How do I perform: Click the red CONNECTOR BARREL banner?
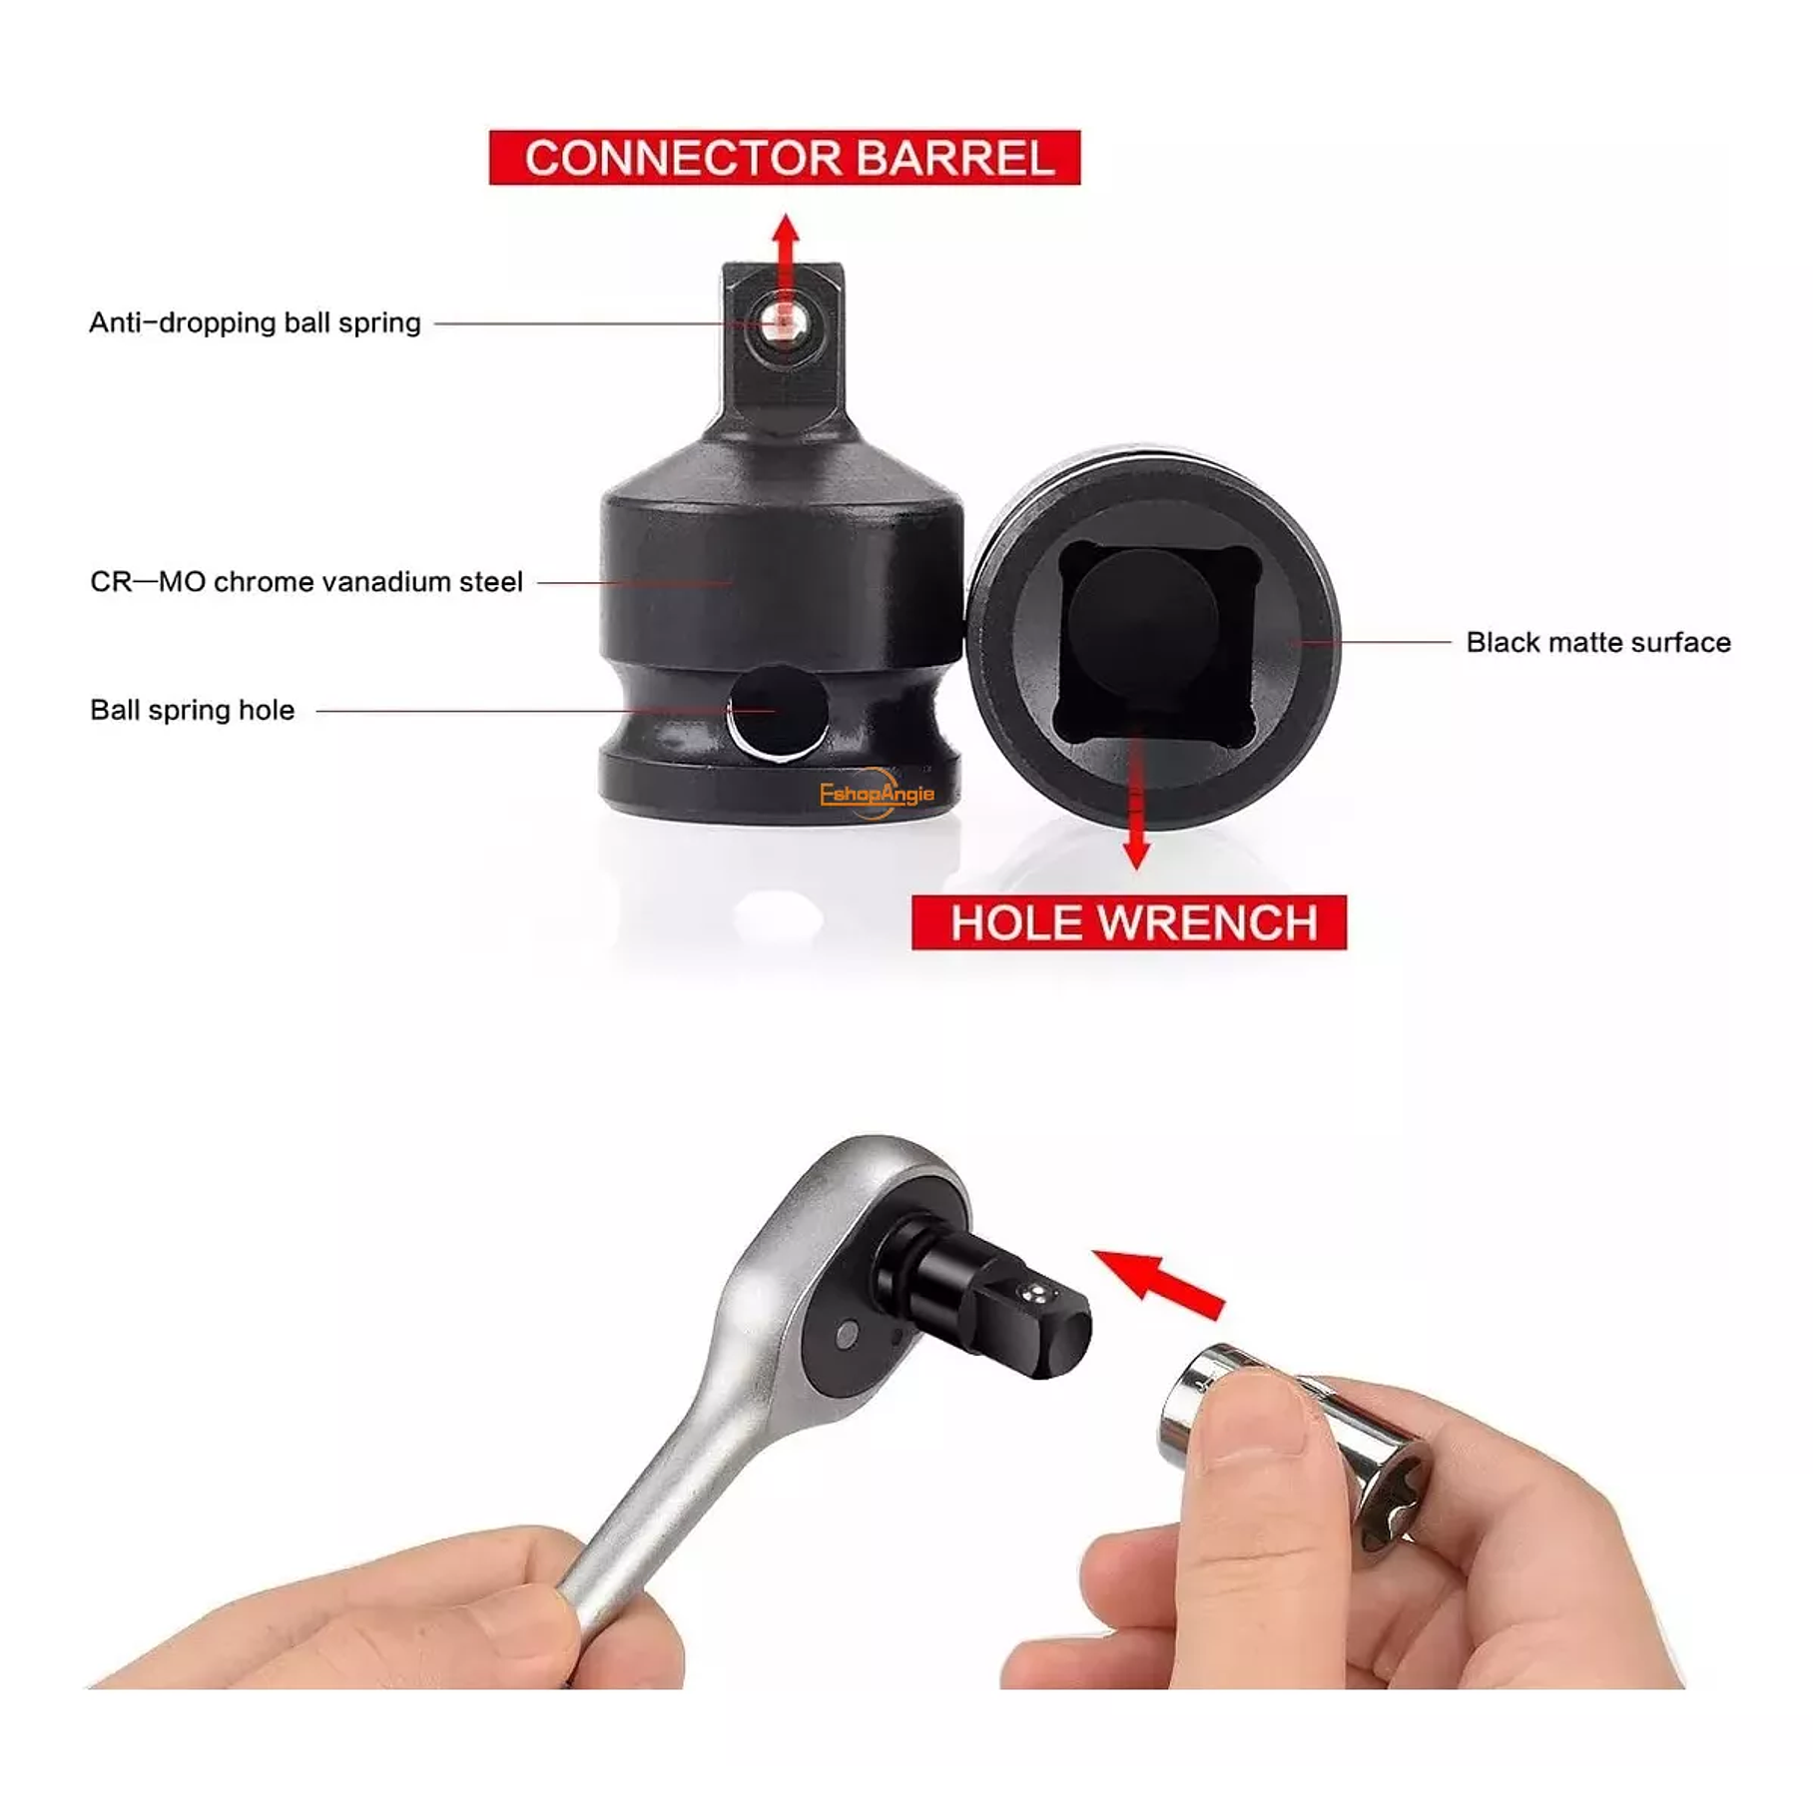[785, 158]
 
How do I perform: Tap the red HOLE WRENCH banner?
[1129, 921]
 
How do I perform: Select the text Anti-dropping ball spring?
[255, 322]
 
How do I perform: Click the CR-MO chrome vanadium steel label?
[306, 582]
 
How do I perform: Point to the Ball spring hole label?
[193, 710]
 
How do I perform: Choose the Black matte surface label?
[1597, 642]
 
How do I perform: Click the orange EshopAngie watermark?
[877, 794]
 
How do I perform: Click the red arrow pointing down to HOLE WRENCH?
[1136, 809]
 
